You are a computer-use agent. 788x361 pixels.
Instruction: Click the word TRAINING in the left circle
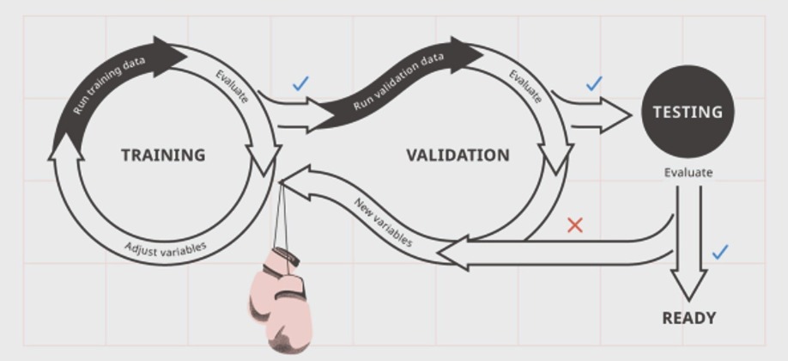[x=163, y=155]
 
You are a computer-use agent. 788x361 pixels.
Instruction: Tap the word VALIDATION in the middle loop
[x=458, y=155]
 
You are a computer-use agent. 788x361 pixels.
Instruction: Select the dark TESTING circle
[x=688, y=111]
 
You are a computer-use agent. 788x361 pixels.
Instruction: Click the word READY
[x=688, y=318]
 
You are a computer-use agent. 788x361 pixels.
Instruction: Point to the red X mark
[x=575, y=225]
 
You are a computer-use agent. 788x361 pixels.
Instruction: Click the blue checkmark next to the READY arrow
[x=720, y=252]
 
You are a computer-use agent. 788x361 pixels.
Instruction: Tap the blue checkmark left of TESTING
[x=594, y=83]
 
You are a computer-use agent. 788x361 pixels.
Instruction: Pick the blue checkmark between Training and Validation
[x=300, y=83]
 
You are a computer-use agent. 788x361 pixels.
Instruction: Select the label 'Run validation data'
[x=398, y=81]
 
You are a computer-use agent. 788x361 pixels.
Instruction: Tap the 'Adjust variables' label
[x=166, y=248]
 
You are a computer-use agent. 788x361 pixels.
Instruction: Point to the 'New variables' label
[x=384, y=222]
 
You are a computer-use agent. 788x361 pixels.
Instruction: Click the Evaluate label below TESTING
[x=688, y=173]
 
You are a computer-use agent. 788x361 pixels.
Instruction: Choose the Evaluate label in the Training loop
[x=232, y=86]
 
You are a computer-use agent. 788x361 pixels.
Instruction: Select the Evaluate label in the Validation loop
[x=525, y=86]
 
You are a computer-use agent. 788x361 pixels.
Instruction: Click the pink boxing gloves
[x=281, y=300]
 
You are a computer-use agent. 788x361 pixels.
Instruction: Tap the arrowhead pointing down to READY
[x=689, y=285]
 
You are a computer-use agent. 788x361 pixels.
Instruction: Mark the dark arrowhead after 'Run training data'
[x=170, y=57]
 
